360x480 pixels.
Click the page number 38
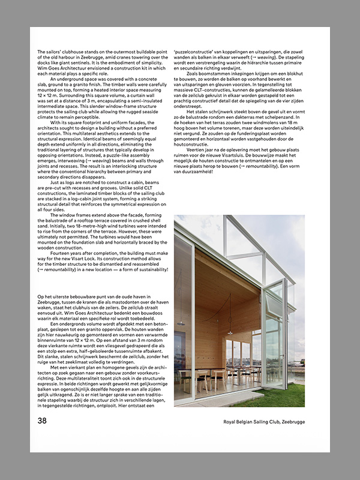[42, 421]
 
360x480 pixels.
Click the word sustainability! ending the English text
[152, 270]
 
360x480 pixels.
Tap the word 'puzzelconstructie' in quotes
[194, 52]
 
